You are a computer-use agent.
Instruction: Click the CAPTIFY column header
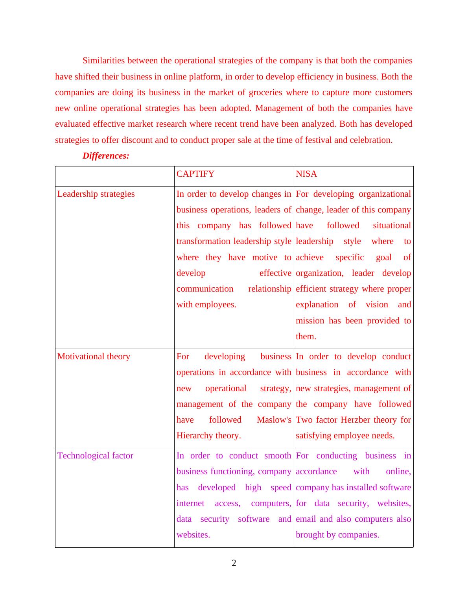(195, 174)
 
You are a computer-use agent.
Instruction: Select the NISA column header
(306, 174)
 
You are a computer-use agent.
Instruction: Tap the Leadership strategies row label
(96, 194)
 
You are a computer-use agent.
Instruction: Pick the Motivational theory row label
(94, 357)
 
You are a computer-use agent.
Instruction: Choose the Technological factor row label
(95, 456)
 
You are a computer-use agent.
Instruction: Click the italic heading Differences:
(106, 156)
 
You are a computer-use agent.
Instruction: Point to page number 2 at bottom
(234, 563)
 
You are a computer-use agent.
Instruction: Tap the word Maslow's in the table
(274, 420)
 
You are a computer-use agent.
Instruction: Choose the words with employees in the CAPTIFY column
(206, 305)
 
